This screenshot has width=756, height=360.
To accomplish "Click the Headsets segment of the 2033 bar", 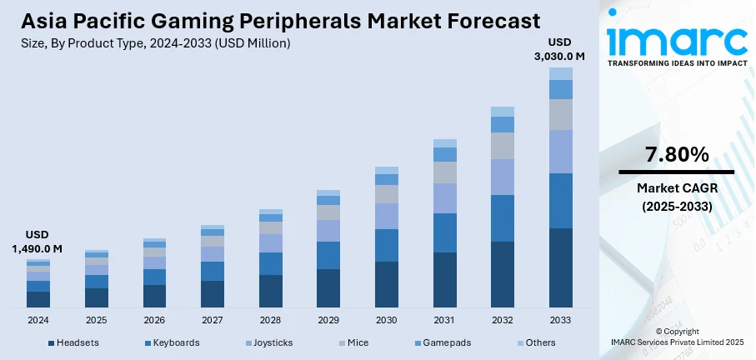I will pos(561,267).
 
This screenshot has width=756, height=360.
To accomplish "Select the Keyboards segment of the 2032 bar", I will pos(503,218).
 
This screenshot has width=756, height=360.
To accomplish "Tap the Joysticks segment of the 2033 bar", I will pos(561,152).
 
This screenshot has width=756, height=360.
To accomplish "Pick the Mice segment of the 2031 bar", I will pos(445,172).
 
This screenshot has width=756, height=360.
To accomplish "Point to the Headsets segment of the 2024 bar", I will pos(38,299).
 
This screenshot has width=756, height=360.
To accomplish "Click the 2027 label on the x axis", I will pos(213,320).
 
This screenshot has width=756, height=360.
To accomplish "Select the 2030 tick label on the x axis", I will pos(387,320).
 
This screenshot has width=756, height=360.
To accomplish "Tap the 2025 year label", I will pos(97,320).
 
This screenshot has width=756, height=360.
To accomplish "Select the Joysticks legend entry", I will pos(268,342).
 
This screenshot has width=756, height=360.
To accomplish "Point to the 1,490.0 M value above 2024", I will pos(38,248).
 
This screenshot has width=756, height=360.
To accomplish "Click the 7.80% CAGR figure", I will pos(677,154).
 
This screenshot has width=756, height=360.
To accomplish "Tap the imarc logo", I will pos(677,42).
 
